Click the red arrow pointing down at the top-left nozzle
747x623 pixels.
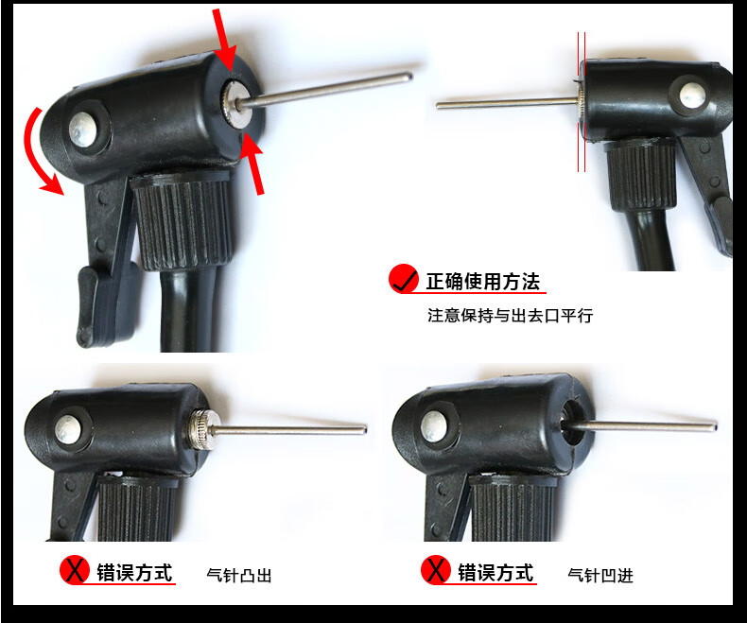pyautogui.click(x=224, y=40)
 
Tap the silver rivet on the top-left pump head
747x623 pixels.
pyautogui.click(x=83, y=130)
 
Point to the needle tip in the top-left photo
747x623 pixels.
pyautogui.click(x=409, y=76)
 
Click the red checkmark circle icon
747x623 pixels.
pyautogui.click(x=404, y=279)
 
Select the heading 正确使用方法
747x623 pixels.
pyautogui.click(x=483, y=282)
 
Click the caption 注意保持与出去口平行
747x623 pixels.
pyautogui.click(x=511, y=316)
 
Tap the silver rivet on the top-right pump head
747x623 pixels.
pyautogui.click(x=692, y=95)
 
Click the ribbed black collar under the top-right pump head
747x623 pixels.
pyautogui.click(x=642, y=175)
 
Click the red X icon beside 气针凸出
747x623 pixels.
pyautogui.click(x=75, y=570)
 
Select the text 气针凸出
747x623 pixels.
pyautogui.click(x=239, y=576)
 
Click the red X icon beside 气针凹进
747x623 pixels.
pyautogui.click(x=436, y=570)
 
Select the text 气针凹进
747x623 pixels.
pyautogui.click(x=600, y=576)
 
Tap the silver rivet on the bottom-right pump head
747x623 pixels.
pyautogui.click(x=435, y=425)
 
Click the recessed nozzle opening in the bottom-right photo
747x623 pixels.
pyautogui.click(x=573, y=423)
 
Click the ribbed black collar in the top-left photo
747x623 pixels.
pyautogui.click(x=182, y=220)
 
